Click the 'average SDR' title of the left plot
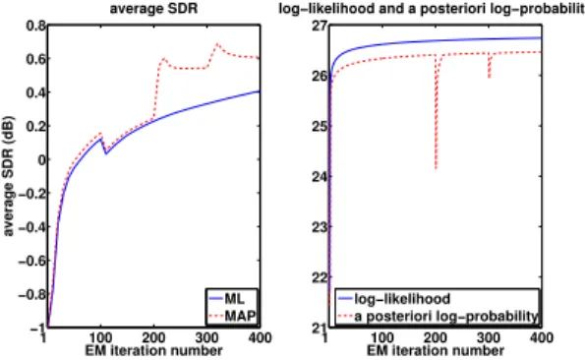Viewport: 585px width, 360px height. (x=153, y=8)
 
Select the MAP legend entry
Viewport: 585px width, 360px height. (x=232, y=316)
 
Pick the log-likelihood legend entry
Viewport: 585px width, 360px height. (x=394, y=298)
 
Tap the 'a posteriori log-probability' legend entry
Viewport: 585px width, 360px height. (x=438, y=316)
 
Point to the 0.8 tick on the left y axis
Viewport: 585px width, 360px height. (x=35, y=26)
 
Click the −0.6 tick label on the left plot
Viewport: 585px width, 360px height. (x=32, y=261)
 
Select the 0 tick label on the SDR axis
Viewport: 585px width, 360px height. (x=41, y=159)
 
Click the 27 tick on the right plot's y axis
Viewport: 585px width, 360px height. (x=320, y=26)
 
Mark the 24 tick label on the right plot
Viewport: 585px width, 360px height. (x=320, y=176)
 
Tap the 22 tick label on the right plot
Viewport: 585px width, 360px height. (x=320, y=277)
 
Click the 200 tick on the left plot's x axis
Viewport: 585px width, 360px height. (x=154, y=338)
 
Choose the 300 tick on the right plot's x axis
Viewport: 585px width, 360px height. (x=489, y=338)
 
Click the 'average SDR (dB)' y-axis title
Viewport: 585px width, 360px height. (x=8, y=176)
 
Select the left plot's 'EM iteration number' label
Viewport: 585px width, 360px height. (x=153, y=351)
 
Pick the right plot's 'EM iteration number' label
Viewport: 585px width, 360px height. (x=436, y=351)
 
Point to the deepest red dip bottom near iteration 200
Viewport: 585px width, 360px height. (x=436, y=168)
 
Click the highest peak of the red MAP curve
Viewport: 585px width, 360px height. (x=216, y=44)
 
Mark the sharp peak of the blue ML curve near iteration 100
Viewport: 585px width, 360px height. (x=100, y=139)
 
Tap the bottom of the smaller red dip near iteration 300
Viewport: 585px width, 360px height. (x=489, y=78)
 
